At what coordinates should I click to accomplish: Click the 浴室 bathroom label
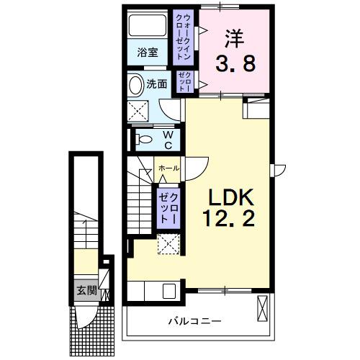tap(147, 53)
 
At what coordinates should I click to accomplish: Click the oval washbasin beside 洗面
tap(136, 85)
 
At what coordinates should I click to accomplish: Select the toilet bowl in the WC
tap(142, 139)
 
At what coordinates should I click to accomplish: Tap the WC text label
tap(166, 139)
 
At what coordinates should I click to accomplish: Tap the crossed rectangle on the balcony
tap(263, 310)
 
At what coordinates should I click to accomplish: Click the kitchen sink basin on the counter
tap(169, 292)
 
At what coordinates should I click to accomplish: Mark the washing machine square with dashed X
tap(139, 112)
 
